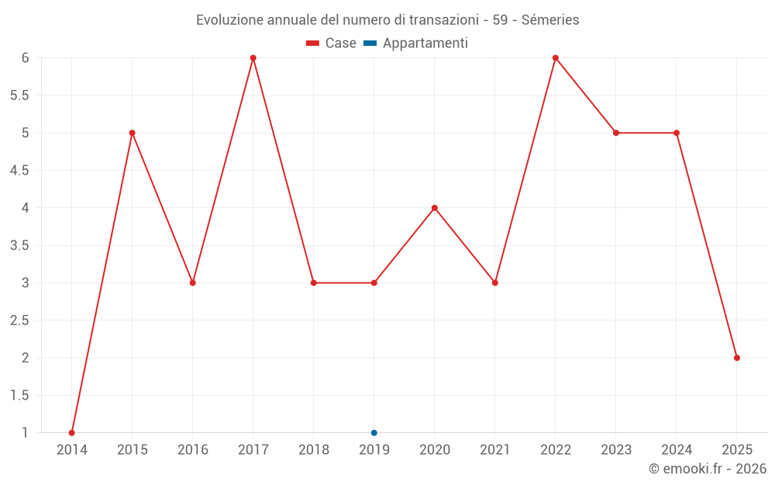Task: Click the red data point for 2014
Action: (72, 433)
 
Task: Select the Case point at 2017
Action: (253, 58)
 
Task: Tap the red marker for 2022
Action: (556, 58)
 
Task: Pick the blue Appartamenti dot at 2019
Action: (374, 433)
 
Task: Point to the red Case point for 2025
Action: (737, 358)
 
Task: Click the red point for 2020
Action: (435, 208)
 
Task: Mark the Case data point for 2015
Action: (133, 133)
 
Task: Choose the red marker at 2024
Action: (677, 133)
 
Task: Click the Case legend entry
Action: (331, 43)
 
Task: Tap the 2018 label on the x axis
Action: (314, 450)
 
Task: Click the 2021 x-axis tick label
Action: (495, 450)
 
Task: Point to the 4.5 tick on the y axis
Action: (19, 171)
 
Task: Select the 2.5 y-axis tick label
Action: (19, 320)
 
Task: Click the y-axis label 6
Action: (25, 58)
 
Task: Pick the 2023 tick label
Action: (616, 450)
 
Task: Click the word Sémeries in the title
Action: (550, 20)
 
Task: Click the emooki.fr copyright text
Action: (708, 469)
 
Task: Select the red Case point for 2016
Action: (193, 282)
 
